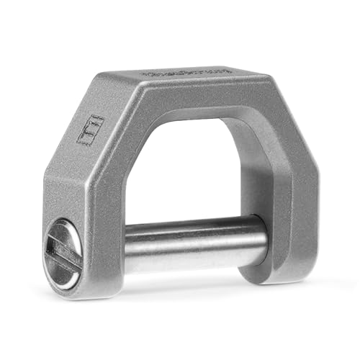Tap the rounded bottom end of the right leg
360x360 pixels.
click(274, 272)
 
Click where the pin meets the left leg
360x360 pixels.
click(126, 248)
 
